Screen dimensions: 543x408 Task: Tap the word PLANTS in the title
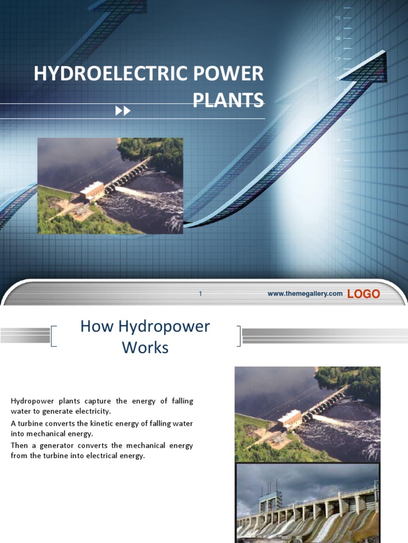pos(227,100)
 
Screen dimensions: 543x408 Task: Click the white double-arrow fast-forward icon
pos(123,110)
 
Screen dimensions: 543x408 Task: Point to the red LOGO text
pos(363,294)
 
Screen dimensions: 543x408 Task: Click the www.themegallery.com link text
pos(305,293)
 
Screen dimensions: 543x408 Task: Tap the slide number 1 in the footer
pos(200,293)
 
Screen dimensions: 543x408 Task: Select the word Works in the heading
pos(145,348)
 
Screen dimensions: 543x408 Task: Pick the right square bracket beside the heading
pos(239,336)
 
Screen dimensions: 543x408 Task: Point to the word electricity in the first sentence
pos(92,411)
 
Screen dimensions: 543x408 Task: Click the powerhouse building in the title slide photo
pos(92,190)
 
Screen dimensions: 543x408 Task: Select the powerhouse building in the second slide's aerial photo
pos(290,419)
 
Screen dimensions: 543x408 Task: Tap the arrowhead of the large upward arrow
pos(369,66)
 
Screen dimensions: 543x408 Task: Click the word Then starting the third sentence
pos(19,446)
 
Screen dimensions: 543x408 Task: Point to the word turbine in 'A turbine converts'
pos(30,423)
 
